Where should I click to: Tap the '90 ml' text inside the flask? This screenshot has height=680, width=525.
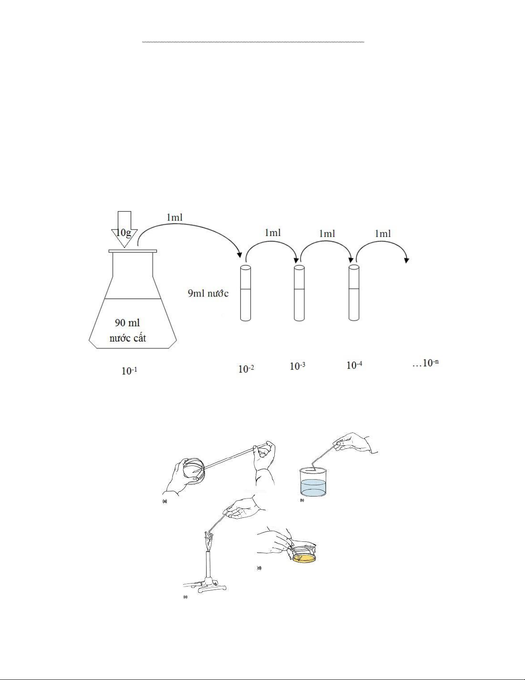[127, 323]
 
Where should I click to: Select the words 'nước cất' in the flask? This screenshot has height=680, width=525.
[128, 338]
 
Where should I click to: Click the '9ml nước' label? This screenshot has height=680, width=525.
[208, 293]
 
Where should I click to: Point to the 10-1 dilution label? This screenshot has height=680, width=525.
[129, 371]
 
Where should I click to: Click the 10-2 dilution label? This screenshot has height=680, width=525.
[246, 369]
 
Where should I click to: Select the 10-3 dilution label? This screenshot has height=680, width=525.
[297, 366]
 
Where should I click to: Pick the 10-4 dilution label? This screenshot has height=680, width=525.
[354, 365]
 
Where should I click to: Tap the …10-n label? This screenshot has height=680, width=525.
[425, 363]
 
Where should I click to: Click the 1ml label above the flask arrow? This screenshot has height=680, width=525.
[174, 217]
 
